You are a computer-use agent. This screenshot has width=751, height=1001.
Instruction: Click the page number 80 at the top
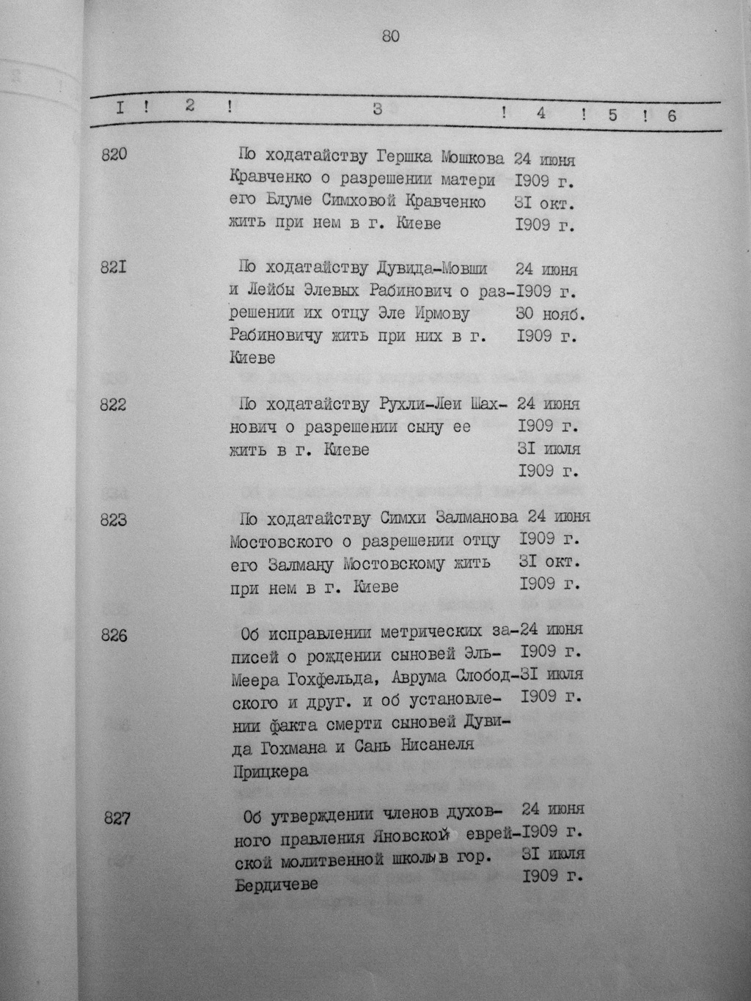pos(390,37)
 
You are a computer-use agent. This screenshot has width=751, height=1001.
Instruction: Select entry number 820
pos(114,155)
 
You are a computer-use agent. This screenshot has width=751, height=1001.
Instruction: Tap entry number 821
pos(114,268)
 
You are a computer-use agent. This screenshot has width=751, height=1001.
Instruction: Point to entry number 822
pos(114,404)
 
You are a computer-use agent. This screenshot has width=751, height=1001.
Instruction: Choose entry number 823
pos(114,519)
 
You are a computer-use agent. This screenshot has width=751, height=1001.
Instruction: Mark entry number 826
pos(114,635)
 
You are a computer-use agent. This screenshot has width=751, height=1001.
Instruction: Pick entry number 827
pos(117,818)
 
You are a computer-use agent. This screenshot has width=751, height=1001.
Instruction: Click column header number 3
pos(377,110)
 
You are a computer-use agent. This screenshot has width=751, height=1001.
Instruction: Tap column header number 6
pos(670,115)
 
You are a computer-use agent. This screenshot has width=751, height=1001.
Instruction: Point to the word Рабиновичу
pos(276,337)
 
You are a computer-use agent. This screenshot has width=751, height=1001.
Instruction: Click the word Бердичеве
pos(277,884)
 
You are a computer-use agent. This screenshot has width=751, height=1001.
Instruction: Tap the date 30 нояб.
pos(550,314)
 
